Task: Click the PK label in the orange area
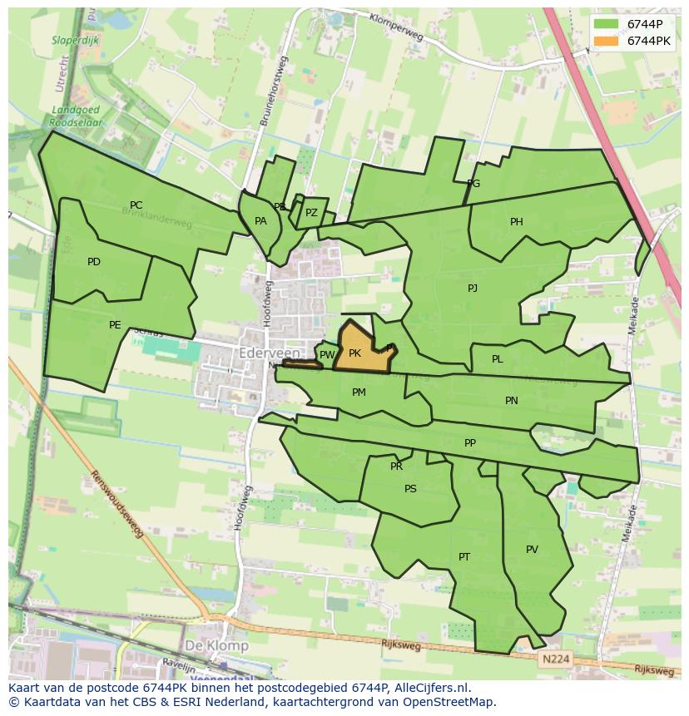[354, 353]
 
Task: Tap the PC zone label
[136, 205]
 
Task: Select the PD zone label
[94, 262]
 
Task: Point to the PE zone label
[115, 325]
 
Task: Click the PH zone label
[517, 222]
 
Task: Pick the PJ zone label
[473, 289]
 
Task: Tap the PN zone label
[512, 401]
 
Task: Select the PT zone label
[464, 557]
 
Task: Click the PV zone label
[532, 550]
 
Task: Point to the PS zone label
[410, 489]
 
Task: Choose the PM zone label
[359, 393]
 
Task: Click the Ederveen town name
[268, 353]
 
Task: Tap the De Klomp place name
[216, 645]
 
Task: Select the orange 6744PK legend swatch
[607, 41]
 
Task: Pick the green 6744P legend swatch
[607, 24]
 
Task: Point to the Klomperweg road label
[396, 27]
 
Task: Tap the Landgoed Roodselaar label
[76, 115]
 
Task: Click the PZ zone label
[311, 213]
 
